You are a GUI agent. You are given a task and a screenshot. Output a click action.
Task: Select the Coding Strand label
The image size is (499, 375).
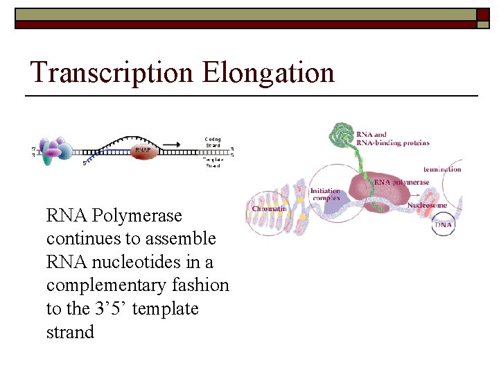coord(212,142)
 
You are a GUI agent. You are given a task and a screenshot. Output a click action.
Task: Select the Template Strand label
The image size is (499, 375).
coord(212,163)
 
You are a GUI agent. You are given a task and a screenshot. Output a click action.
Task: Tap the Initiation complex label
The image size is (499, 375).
coord(325,194)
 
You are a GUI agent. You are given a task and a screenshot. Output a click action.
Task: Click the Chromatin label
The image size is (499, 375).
coord(270,208)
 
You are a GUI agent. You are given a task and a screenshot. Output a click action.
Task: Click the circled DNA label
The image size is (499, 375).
coord(443,225)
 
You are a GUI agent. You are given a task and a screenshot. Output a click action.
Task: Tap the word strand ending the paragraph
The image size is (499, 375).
coord(70,332)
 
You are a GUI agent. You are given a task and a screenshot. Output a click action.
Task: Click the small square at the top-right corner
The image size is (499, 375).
coord(483,14)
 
